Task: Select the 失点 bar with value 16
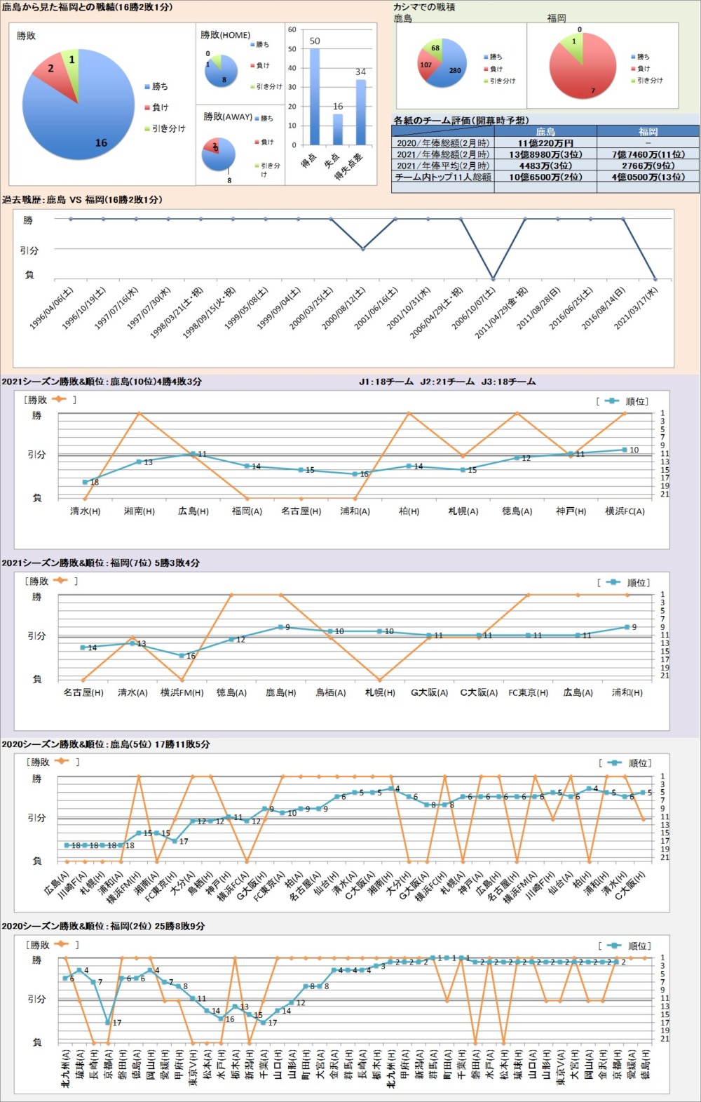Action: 338,129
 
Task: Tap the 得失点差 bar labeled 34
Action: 360,112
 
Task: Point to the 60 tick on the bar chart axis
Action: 292,30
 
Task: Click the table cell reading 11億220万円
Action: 545,143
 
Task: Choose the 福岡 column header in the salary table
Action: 648,132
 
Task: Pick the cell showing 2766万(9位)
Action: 648,166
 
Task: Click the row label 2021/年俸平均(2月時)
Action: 443,166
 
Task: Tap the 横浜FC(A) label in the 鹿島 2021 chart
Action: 625,511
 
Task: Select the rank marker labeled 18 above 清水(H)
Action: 86,482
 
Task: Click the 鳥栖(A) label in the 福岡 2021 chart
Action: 330,693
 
